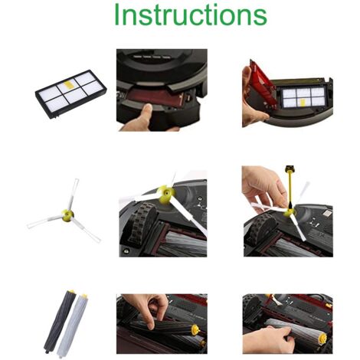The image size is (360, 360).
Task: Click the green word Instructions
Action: pyautogui.click(x=191, y=14)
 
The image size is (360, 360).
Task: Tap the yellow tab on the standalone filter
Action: pyautogui.click(x=68, y=84)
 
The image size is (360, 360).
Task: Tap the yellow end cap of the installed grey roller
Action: pyautogui.click(x=322, y=338)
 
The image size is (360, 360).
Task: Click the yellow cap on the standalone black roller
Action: pyautogui.click(x=71, y=291)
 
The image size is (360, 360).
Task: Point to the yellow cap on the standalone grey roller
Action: pyautogui.click(x=84, y=296)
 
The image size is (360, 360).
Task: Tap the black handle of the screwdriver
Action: pyautogui.click(x=290, y=168)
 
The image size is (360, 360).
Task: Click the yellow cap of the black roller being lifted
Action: pyautogui.click(x=195, y=329)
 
